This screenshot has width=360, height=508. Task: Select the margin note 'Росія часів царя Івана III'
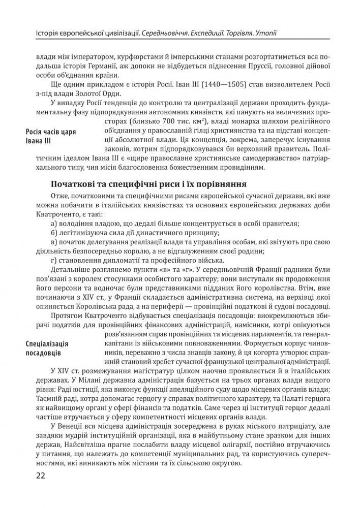pyautogui.click(x=51, y=136)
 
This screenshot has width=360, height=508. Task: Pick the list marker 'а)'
pyautogui.click(x=55, y=224)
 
